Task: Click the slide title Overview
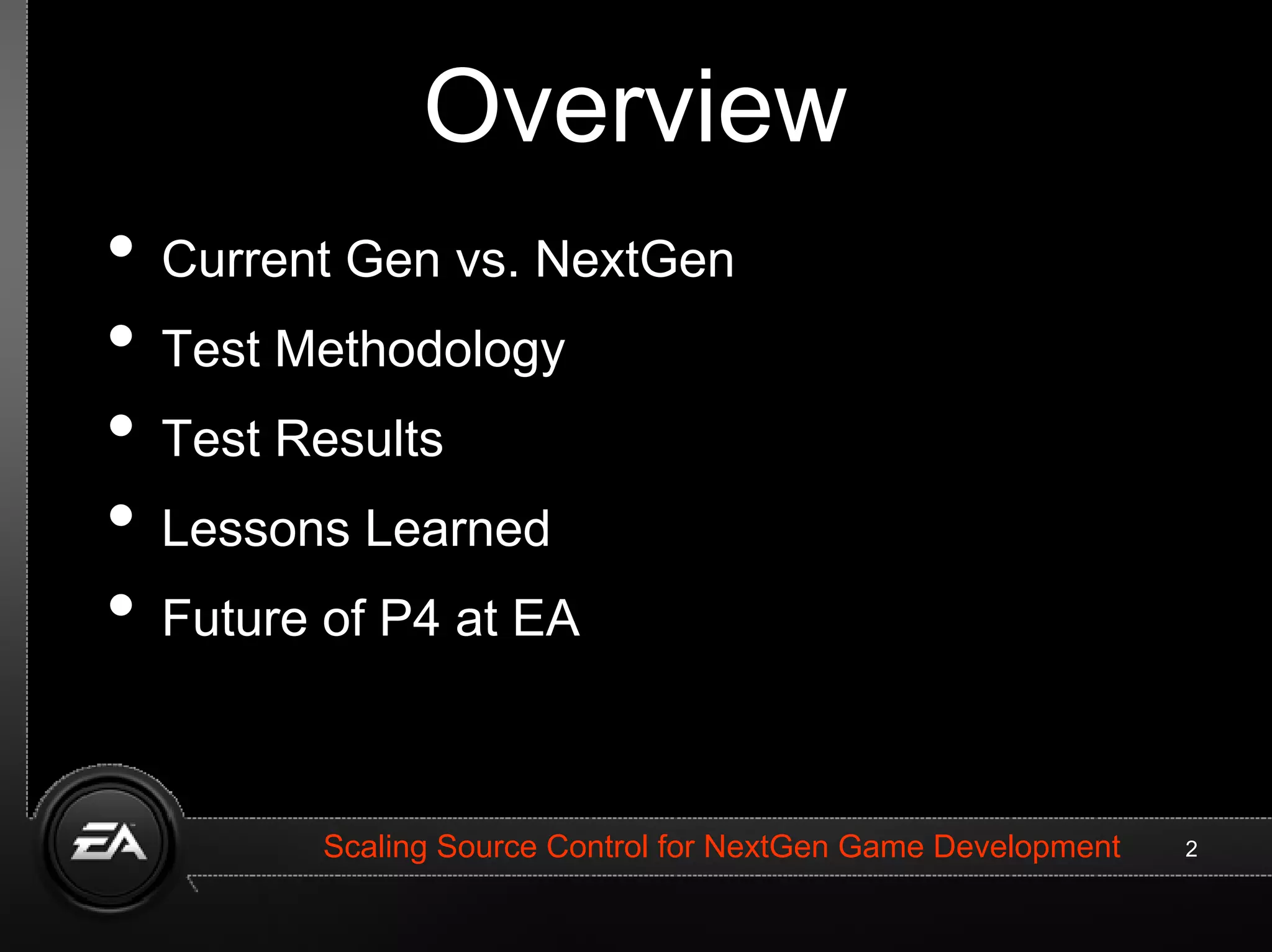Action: pyautogui.click(x=635, y=107)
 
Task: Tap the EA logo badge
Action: pyautogui.click(x=109, y=843)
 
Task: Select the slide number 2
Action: pyautogui.click(x=1191, y=849)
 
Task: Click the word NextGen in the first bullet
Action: pyautogui.click(x=634, y=260)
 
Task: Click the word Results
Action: pyautogui.click(x=359, y=439)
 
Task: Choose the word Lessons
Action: pyautogui.click(x=255, y=528)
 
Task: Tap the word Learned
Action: pyautogui.click(x=457, y=528)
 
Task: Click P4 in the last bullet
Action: pyautogui.click(x=410, y=619)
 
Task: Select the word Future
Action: pyautogui.click(x=235, y=619)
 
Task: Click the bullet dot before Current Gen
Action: pyautogui.click(x=121, y=246)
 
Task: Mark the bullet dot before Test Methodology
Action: pyautogui.click(x=121, y=336)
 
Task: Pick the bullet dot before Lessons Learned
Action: pyautogui.click(x=121, y=515)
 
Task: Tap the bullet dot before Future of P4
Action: pyautogui.click(x=121, y=605)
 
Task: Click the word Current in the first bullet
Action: pyautogui.click(x=246, y=260)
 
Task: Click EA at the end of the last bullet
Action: pyautogui.click(x=547, y=619)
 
